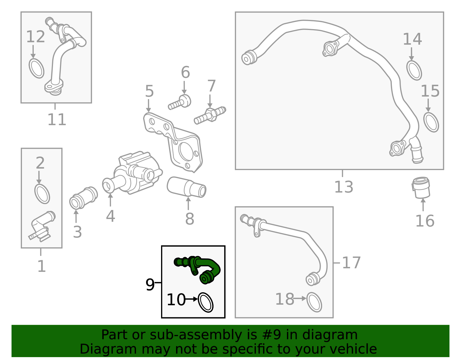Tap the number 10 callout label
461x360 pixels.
(x=176, y=299)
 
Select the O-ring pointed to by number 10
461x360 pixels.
(x=205, y=303)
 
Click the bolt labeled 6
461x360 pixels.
(x=180, y=102)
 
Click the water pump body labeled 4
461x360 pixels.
(x=133, y=173)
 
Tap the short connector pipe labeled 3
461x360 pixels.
(x=83, y=198)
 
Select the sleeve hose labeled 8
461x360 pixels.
(x=186, y=187)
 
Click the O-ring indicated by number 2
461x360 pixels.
(x=42, y=194)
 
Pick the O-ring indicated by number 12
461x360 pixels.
(x=37, y=69)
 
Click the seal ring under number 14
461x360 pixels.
(x=414, y=70)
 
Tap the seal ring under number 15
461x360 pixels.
(x=431, y=122)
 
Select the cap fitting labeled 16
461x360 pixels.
(x=421, y=188)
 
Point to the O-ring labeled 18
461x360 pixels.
(x=314, y=302)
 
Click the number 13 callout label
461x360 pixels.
(x=344, y=187)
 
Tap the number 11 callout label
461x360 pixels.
(x=57, y=119)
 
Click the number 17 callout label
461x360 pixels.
(x=351, y=263)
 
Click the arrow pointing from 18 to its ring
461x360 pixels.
(x=300, y=299)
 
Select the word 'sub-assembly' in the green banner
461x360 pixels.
(x=196, y=335)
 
